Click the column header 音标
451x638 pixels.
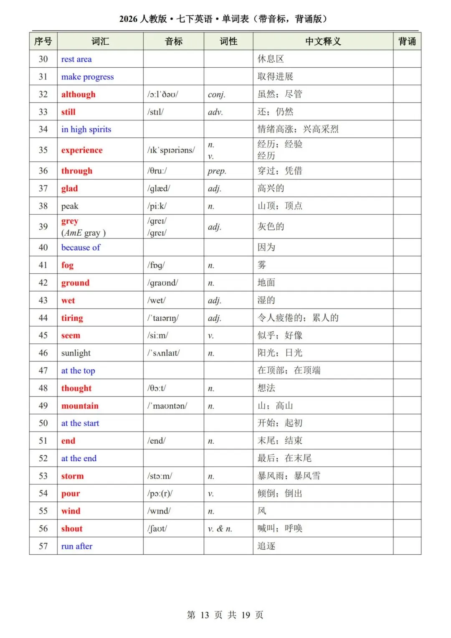(x=173, y=41)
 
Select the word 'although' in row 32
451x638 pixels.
(x=78, y=94)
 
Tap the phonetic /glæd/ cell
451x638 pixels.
(x=159, y=188)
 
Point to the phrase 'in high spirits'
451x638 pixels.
(x=86, y=130)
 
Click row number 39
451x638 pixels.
(x=43, y=226)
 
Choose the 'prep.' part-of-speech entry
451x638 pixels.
(x=217, y=171)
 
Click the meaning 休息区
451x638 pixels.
(x=271, y=59)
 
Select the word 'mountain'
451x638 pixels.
(x=80, y=406)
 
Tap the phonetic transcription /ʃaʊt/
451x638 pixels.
(x=157, y=529)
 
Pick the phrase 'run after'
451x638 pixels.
(x=77, y=546)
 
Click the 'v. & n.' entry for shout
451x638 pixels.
(x=220, y=529)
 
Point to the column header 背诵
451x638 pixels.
(x=407, y=41)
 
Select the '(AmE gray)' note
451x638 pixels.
(x=83, y=233)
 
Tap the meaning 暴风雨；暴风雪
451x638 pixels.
(x=289, y=476)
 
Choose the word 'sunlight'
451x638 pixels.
(x=76, y=353)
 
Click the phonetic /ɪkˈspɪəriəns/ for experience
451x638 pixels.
(x=171, y=150)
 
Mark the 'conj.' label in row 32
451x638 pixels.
(x=216, y=94)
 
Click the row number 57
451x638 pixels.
(x=43, y=546)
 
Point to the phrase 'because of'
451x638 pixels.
(x=81, y=247)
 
